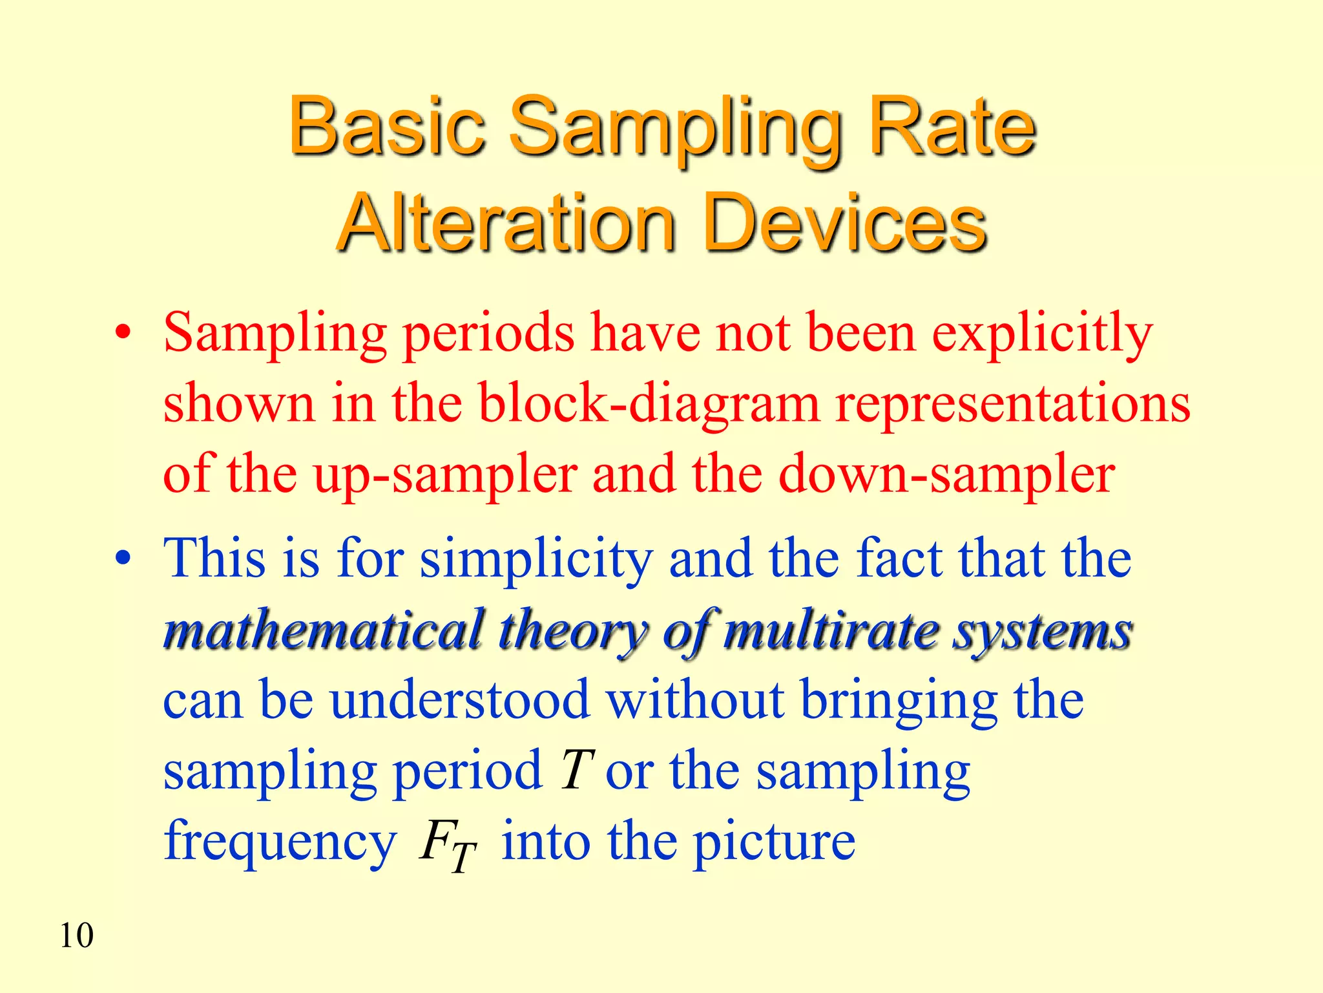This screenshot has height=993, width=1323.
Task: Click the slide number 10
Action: (76, 935)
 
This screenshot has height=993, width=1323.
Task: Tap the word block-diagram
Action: (649, 404)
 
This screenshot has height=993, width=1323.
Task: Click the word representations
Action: (1012, 404)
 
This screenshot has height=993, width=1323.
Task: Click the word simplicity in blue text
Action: (536, 560)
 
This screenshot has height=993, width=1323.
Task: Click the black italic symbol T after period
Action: (576, 770)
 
